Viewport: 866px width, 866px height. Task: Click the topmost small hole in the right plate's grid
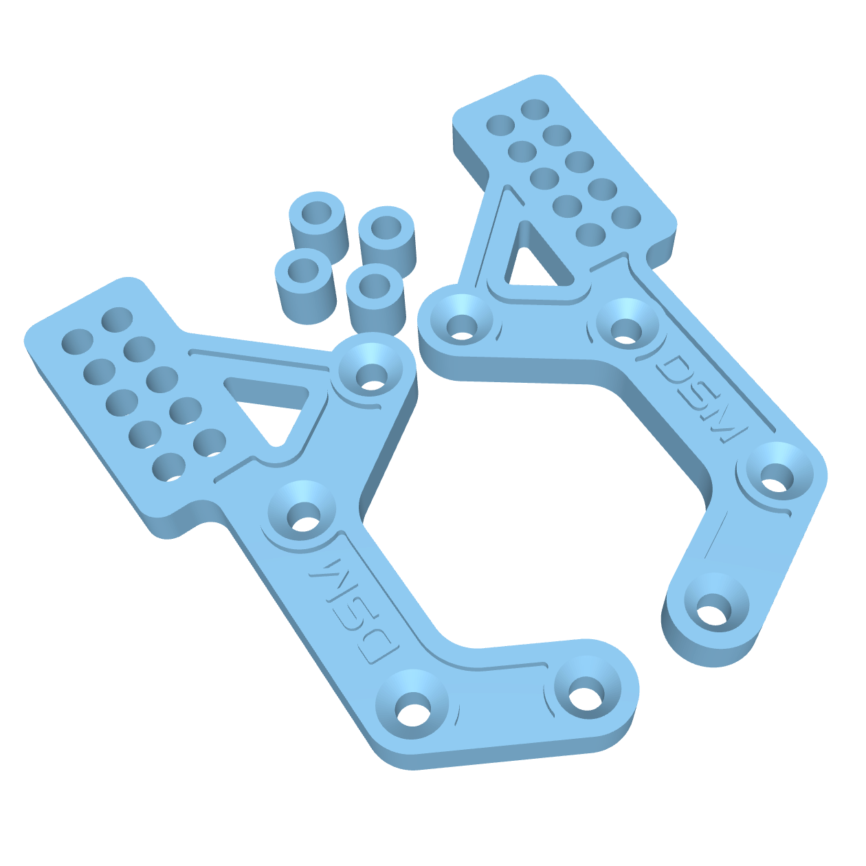point(535,109)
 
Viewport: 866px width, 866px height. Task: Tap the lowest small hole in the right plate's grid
point(590,234)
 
